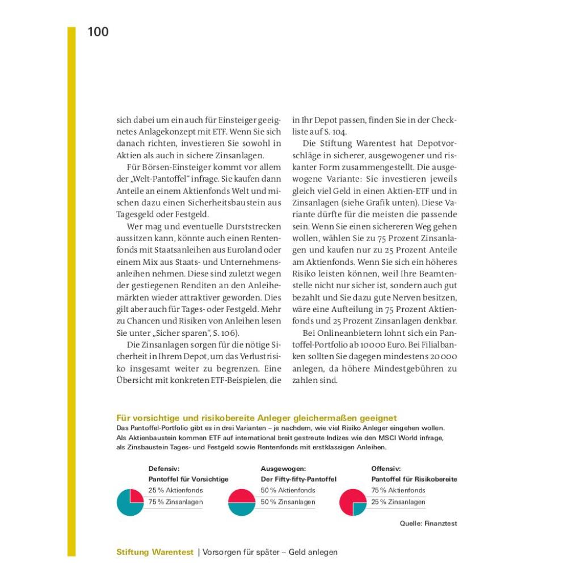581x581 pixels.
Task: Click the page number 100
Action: pos(98,32)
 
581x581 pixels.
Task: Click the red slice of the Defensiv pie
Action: pos(136,495)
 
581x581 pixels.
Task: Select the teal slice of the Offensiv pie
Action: pos(359,508)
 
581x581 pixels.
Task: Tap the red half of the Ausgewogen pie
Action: pos(242,495)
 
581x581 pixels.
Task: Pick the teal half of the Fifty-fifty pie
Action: pos(242,510)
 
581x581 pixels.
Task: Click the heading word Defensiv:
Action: pos(164,469)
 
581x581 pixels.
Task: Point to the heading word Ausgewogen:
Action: pos(283,469)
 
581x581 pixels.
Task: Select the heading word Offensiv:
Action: pos(386,469)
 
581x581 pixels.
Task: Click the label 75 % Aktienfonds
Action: pos(398,490)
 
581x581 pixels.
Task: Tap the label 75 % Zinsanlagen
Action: pos(175,502)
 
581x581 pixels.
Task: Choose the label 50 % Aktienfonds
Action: pos(288,490)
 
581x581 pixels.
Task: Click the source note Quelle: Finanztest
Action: pos(428,524)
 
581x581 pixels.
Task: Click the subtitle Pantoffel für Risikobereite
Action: pos(414,479)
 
